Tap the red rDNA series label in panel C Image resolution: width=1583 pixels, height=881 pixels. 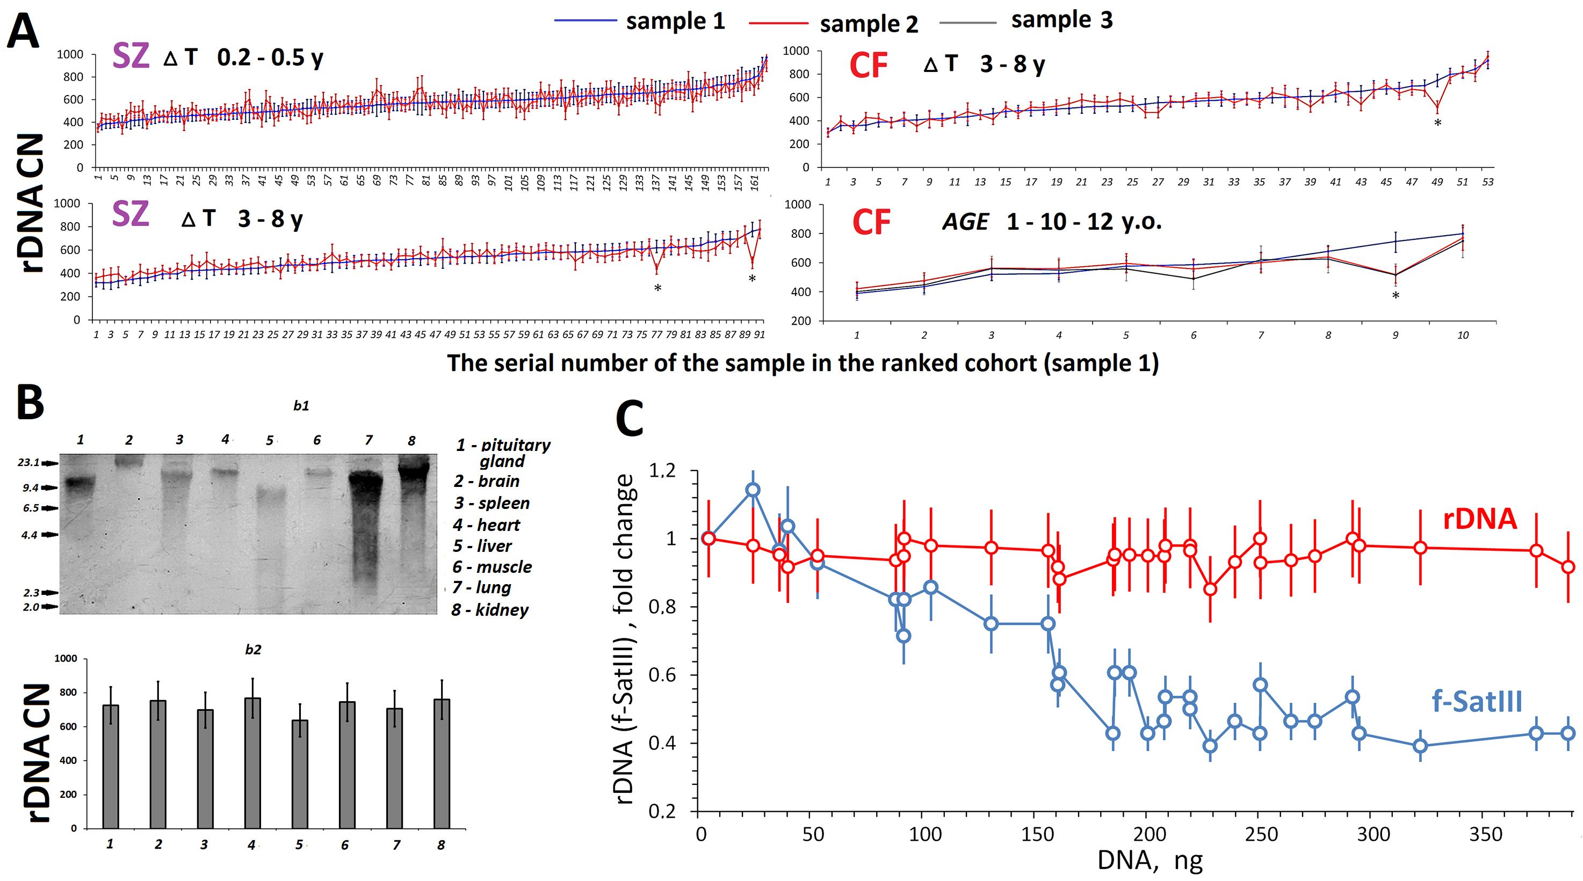[x=1479, y=519]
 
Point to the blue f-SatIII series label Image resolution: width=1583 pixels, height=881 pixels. [x=1477, y=702]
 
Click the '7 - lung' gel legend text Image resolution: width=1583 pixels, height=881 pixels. [x=482, y=588]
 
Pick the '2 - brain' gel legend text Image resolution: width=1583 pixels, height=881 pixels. [x=487, y=481]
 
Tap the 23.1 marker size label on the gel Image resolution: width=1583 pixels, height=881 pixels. [x=28, y=463]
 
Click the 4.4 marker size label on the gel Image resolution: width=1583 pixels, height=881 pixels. [x=29, y=535]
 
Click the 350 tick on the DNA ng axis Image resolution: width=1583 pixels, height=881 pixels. [x=1485, y=834]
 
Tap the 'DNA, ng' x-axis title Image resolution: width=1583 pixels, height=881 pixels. [x=1149, y=861]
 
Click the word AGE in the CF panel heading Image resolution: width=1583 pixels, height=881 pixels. [x=965, y=222]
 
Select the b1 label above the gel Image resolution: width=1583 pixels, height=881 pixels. [x=301, y=405]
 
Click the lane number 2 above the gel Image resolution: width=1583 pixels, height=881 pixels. [x=129, y=440]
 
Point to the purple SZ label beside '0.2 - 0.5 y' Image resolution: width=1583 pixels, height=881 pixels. [x=131, y=56]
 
